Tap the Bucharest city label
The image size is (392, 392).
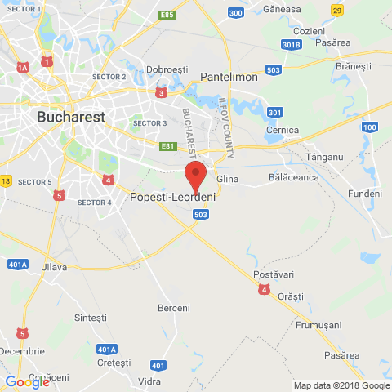coord(71,117)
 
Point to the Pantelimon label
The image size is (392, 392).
coord(229,77)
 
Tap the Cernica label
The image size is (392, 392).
coord(283,130)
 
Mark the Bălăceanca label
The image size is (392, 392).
coord(293,176)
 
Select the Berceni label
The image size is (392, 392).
coord(173,308)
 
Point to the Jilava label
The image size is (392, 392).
coord(53,268)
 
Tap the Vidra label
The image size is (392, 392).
coord(149,381)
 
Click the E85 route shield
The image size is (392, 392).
coord(167,15)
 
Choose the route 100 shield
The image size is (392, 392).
coord(370,127)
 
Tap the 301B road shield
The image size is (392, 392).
coord(292,44)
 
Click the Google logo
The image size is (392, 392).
coord(27,381)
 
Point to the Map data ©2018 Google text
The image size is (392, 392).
coord(342,386)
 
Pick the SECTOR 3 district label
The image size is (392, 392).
coord(149,123)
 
